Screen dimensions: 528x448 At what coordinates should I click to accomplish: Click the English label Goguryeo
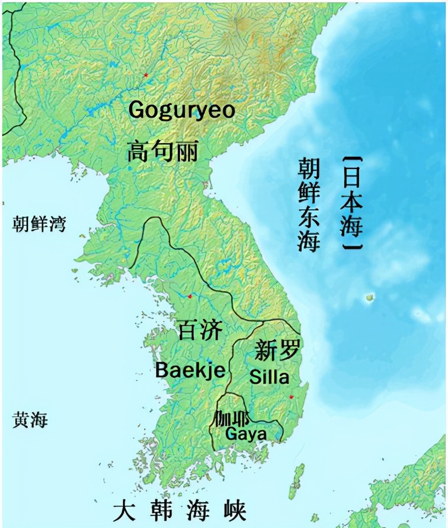click(182, 109)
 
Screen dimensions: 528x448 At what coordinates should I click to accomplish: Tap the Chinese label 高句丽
click(163, 151)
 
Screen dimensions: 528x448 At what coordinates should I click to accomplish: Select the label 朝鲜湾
click(40, 225)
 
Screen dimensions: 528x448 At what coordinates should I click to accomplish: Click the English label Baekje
click(190, 370)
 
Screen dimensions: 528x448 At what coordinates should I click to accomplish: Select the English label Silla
click(269, 377)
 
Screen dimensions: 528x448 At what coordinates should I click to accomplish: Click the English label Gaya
click(246, 434)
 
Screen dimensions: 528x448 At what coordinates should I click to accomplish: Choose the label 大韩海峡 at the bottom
click(179, 511)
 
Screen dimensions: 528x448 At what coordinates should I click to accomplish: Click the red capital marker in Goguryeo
click(146, 75)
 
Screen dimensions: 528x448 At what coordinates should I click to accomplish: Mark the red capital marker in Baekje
click(190, 297)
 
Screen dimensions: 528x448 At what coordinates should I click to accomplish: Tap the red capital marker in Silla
click(291, 397)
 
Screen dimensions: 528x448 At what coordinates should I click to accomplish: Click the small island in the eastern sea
click(369, 298)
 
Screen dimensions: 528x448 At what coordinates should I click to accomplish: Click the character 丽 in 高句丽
click(186, 151)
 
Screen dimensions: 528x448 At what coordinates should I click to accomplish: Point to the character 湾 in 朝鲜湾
click(56, 225)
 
